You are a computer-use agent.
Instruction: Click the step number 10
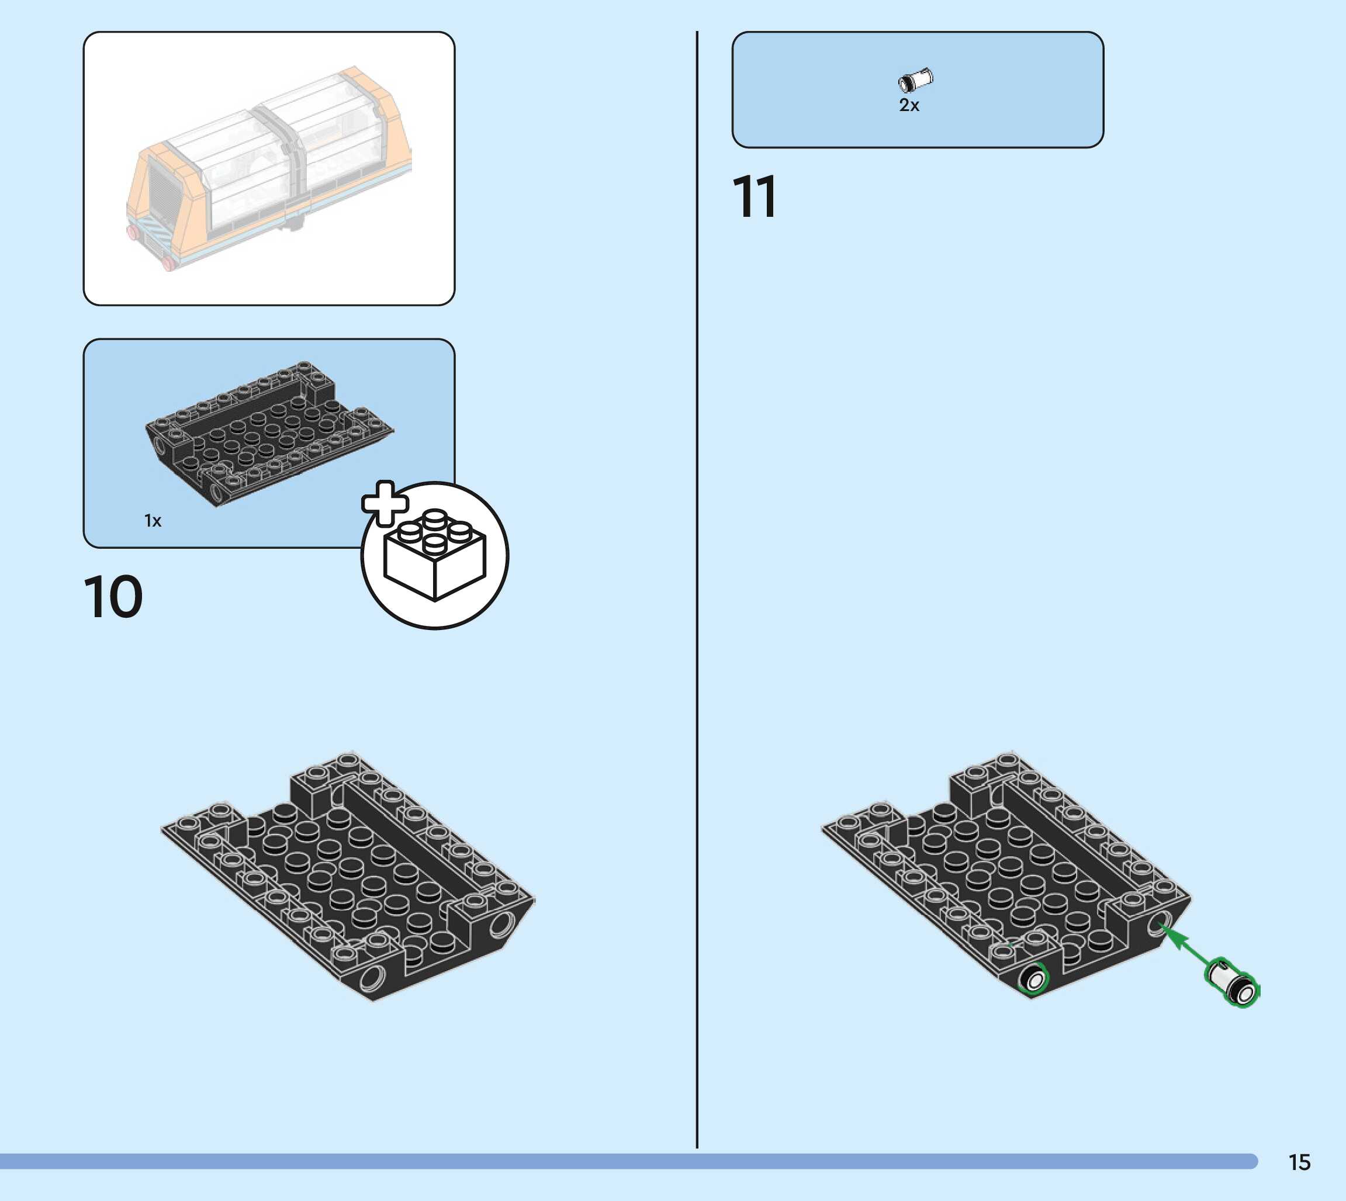tap(113, 597)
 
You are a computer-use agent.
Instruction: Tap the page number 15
tap(1299, 1162)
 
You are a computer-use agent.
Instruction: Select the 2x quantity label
tap(909, 106)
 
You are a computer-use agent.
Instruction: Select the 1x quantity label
tap(153, 521)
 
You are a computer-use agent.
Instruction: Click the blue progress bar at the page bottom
tap(627, 1161)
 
